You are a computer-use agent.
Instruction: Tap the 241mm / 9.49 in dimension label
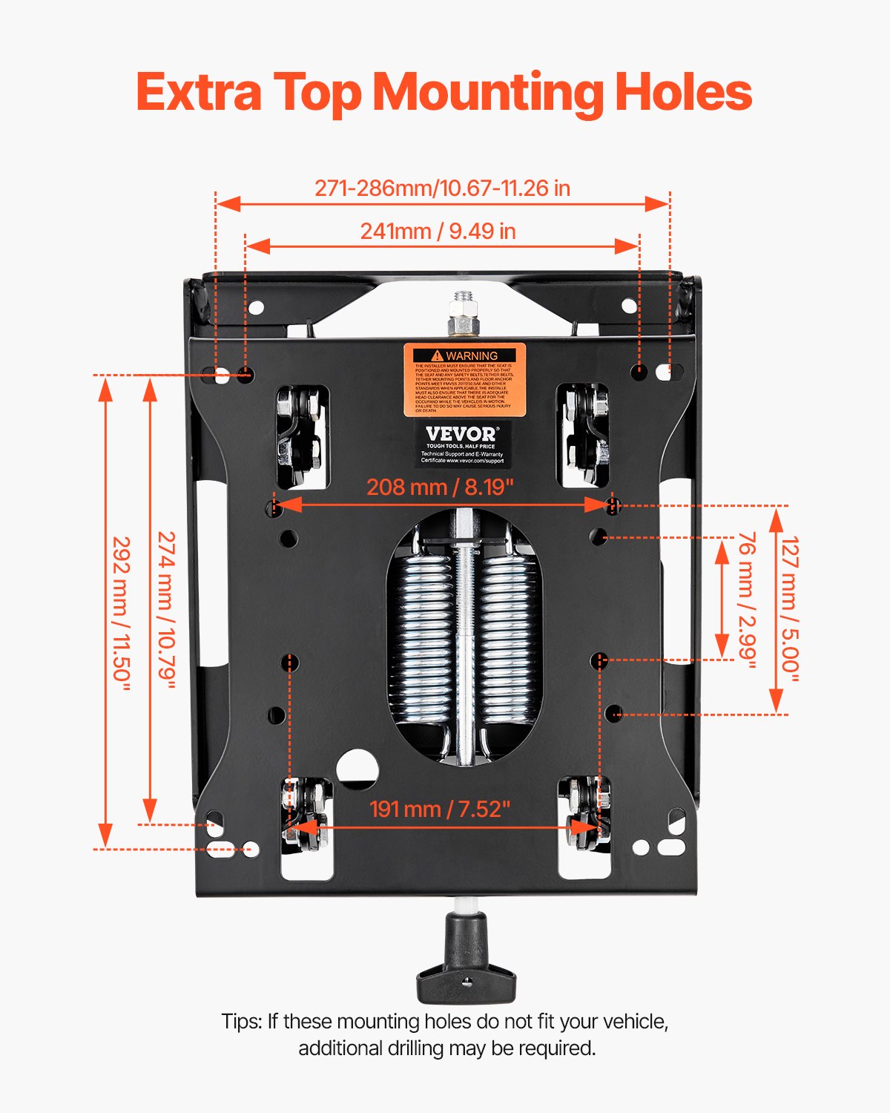(438, 232)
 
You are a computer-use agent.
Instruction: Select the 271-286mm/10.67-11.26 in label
(442, 188)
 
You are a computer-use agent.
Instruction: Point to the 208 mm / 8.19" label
(440, 487)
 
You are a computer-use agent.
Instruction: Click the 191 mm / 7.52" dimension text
(440, 809)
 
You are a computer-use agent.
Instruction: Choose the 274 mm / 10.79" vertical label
(166, 610)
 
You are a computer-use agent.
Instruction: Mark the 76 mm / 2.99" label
(746, 600)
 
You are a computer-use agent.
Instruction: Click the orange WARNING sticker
(464, 379)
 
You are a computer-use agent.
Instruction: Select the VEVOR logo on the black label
(461, 433)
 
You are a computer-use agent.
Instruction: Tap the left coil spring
(423, 638)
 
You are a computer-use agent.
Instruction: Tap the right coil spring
(507, 638)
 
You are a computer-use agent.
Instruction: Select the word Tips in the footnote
(240, 1022)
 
